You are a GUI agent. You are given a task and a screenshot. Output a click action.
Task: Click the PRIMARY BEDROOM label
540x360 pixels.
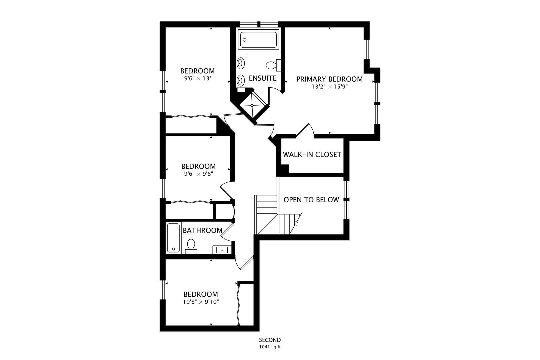click(x=329, y=79)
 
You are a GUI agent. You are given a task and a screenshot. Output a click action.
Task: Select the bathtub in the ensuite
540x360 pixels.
click(x=258, y=40)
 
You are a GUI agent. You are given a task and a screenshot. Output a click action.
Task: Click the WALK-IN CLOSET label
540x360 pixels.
click(x=312, y=154)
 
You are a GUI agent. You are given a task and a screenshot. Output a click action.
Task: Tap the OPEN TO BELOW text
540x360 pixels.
click(x=311, y=200)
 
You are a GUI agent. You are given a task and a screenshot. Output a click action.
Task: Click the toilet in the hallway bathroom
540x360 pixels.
click(x=191, y=246)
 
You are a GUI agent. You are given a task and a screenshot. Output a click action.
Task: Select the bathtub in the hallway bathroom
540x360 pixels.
click(x=173, y=238)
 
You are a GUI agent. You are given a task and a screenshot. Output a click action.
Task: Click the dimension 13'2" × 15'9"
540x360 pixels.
click(x=330, y=87)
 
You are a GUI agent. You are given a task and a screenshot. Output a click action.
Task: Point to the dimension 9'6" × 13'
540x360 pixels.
click(x=198, y=78)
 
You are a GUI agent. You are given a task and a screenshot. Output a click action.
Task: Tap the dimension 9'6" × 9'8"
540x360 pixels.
click(x=199, y=174)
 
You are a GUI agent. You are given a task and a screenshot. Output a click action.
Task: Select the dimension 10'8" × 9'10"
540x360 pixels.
click(x=201, y=302)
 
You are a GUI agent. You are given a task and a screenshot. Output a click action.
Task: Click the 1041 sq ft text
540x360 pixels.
click(x=270, y=347)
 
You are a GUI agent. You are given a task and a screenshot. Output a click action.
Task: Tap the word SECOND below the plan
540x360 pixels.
click(x=270, y=340)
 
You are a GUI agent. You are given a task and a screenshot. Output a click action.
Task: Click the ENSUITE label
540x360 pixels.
click(x=263, y=78)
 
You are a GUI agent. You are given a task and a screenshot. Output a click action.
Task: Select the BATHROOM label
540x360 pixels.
click(x=203, y=231)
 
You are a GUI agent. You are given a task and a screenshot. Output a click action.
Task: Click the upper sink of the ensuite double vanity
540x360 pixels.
click(x=240, y=63)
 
